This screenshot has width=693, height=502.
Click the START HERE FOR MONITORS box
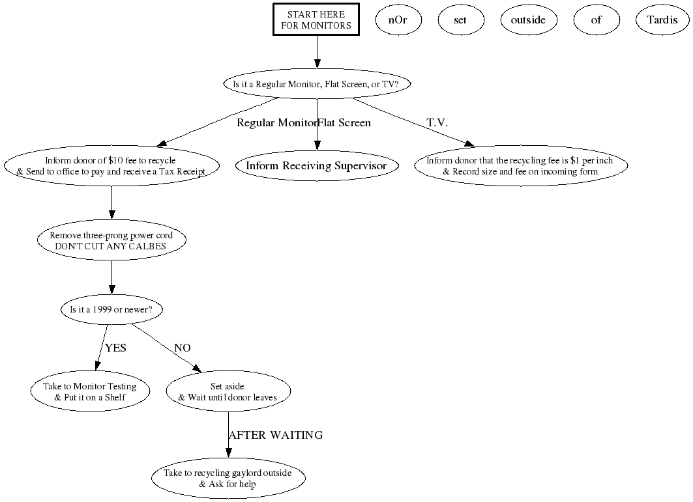click(x=317, y=20)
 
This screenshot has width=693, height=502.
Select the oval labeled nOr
click(x=398, y=20)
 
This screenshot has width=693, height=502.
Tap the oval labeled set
click(x=460, y=20)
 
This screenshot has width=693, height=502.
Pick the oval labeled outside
click(x=528, y=20)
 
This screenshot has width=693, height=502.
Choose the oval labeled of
click(x=596, y=20)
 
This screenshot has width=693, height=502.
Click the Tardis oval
click(x=662, y=20)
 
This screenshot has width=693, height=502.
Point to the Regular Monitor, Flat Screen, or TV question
click(x=317, y=84)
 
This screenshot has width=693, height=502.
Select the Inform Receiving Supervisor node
click(x=316, y=166)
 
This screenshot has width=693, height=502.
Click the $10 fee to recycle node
click(x=111, y=166)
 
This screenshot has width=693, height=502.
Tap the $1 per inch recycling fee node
click(x=520, y=166)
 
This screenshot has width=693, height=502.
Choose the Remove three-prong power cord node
click(x=111, y=241)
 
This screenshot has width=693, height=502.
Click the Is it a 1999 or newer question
click(x=111, y=310)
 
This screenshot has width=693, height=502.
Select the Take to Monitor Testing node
click(x=90, y=391)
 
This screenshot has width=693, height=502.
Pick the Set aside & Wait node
click(x=228, y=391)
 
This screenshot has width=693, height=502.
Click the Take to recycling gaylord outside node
click(x=228, y=479)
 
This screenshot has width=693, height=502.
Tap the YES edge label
click(x=115, y=348)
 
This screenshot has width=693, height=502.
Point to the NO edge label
click(x=183, y=348)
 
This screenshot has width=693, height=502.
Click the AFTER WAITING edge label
click(x=276, y=435)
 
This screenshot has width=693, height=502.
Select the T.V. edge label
click(x=437, y=123)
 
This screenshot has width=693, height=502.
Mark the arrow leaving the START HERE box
click(x=317, y=51)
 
